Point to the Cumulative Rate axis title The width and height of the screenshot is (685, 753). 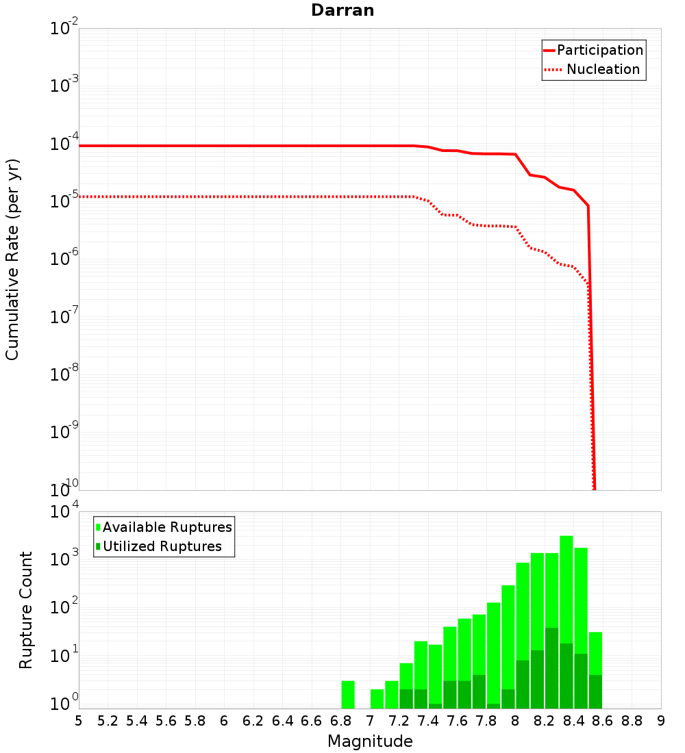tap(13, 259)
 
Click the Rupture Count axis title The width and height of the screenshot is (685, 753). tap(26, 609)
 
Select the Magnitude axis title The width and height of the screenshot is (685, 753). tap(370, 741)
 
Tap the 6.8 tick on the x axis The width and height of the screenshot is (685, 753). tap(340, 721)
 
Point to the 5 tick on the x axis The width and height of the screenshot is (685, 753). tap(79, 721)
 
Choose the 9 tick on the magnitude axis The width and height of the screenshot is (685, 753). tap(661, 721)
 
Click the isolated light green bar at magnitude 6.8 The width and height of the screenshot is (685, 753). tap(348, 694)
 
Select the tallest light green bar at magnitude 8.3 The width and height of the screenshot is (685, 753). tap(566, 589)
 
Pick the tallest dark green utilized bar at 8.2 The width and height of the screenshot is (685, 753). tap(551, 667)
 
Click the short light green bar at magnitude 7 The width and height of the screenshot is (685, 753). tap(377, 698)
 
